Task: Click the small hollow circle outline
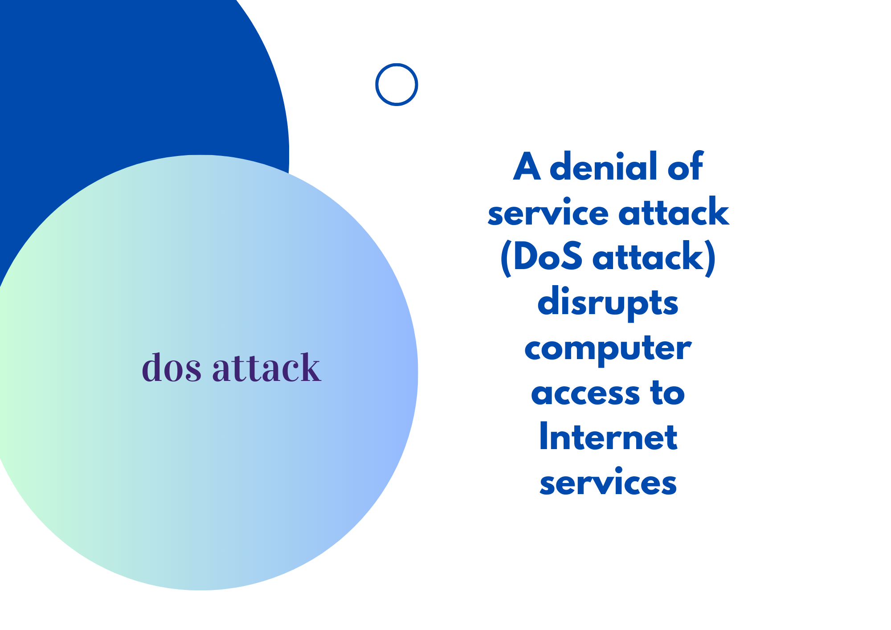pyautogui.click(x=396, y=85)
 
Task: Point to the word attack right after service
pyautogui.click(x=674, y=212)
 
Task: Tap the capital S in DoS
pyautogui.click(x=571, y=258)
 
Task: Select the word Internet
pyautogui.click(x=608, y=438)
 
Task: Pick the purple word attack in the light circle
pyautogui.click(x=266, y=368)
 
